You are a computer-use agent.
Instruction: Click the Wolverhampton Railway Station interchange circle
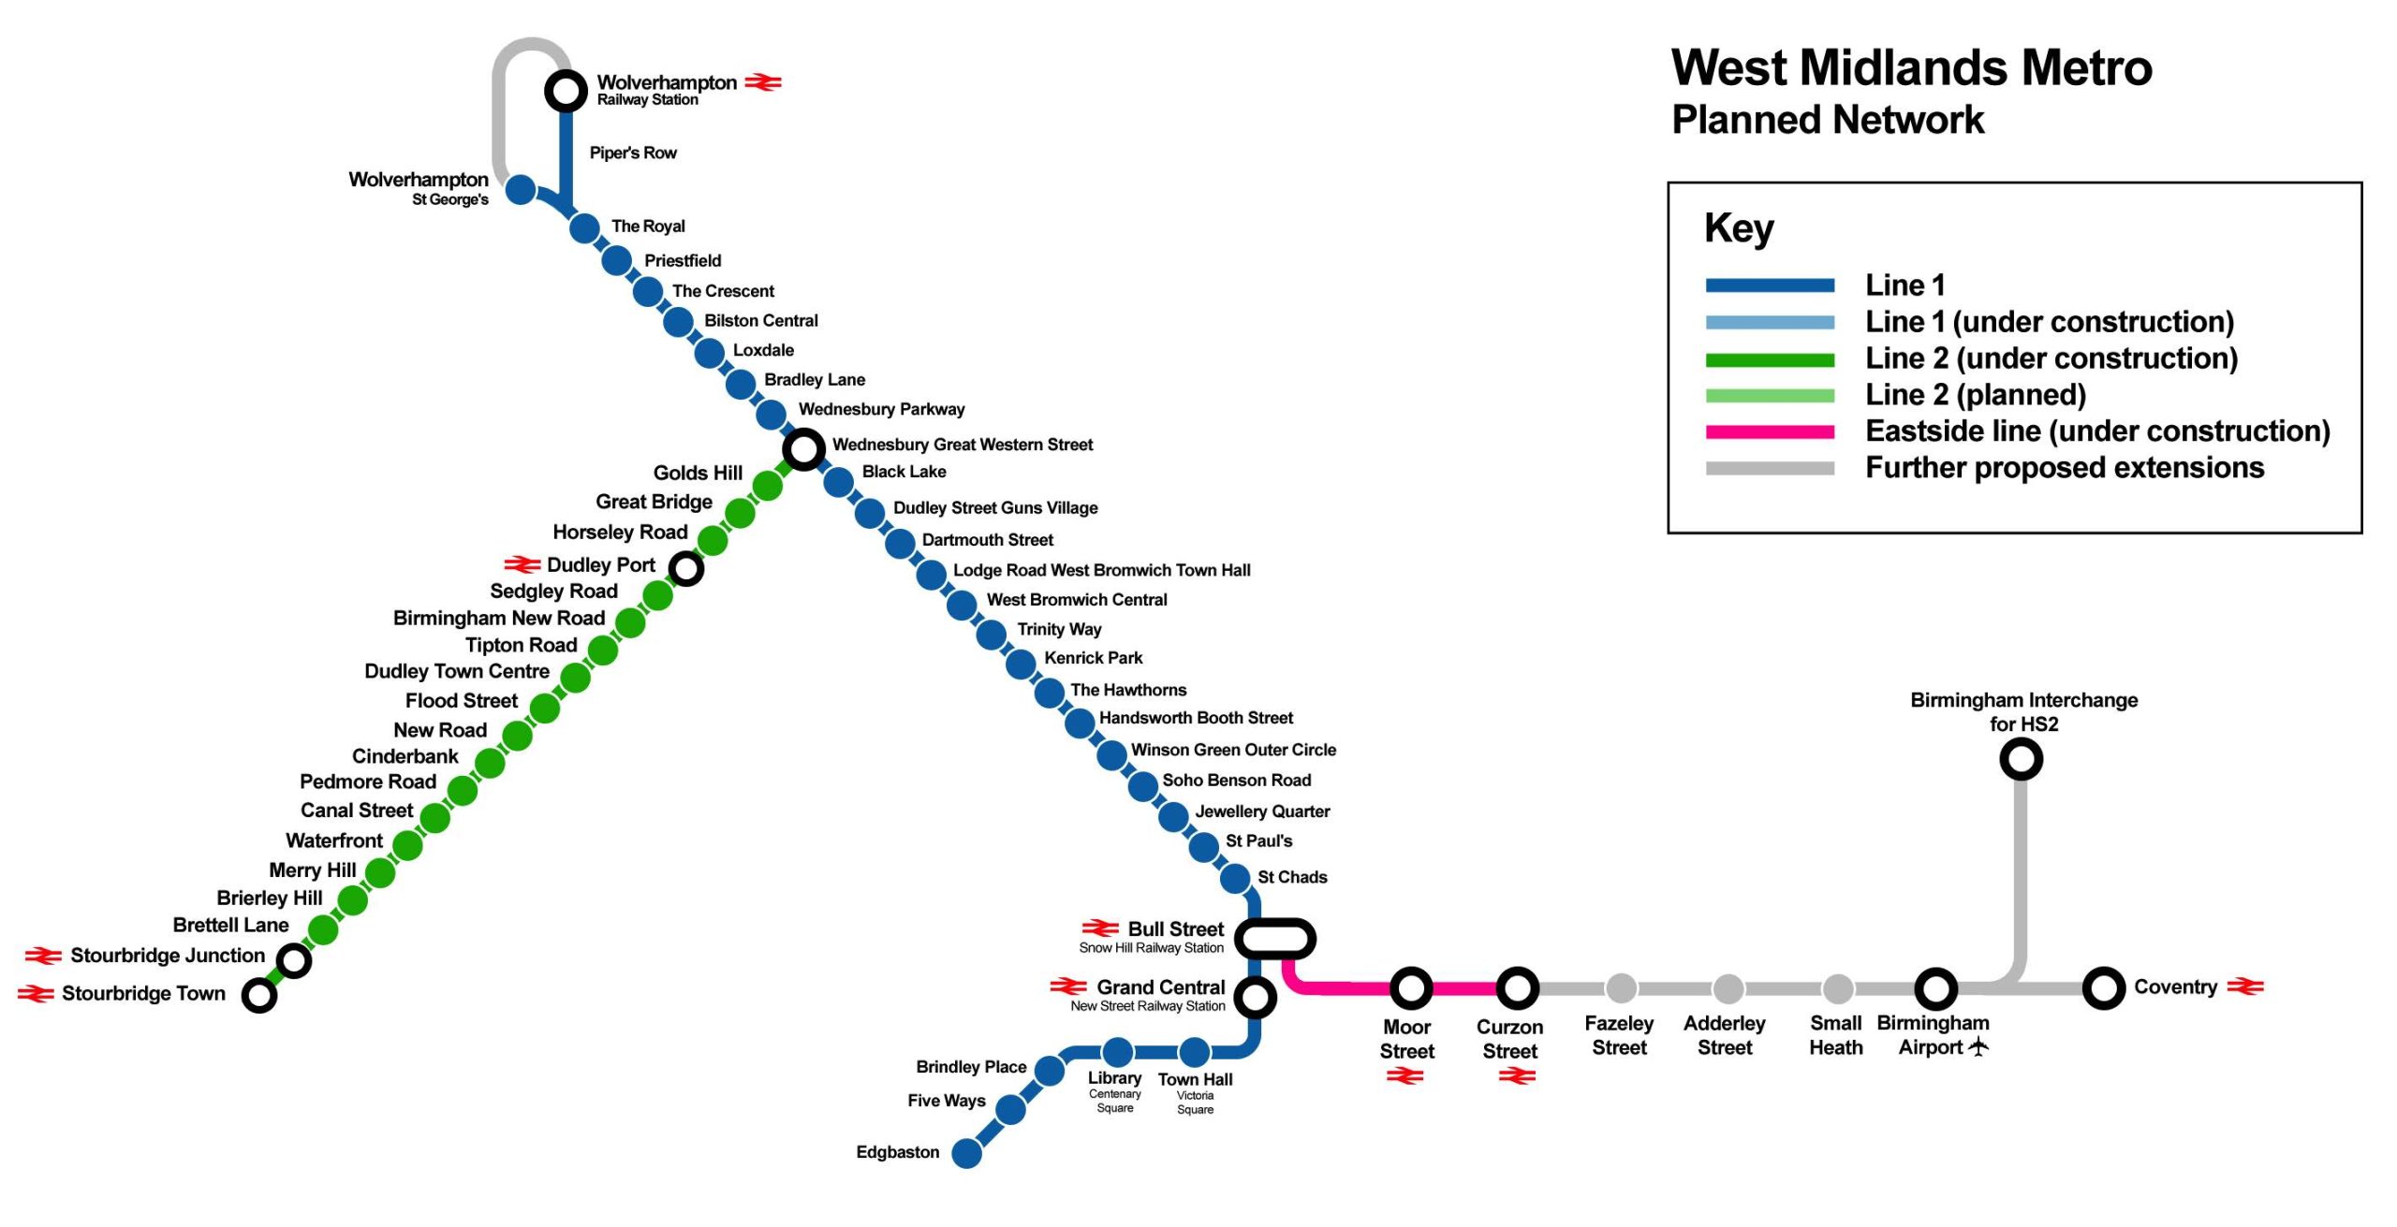566,91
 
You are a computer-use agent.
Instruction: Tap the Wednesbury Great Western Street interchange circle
803,449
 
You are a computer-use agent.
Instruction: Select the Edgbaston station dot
966,1153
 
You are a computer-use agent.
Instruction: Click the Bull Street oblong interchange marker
1274,939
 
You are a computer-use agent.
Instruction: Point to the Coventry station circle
2103,988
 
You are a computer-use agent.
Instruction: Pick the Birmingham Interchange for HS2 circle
2021,759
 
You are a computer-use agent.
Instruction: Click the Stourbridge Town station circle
259,995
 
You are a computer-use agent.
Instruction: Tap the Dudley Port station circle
686,568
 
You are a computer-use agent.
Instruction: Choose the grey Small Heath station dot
1837,988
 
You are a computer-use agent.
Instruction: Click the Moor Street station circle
1410,988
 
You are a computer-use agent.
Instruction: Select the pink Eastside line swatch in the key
1769,431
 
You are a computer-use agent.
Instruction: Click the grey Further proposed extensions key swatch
1769,468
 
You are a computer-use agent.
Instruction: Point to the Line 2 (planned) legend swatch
1769,395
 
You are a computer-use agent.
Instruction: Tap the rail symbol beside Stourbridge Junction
43,956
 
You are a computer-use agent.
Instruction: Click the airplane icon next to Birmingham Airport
1978,1046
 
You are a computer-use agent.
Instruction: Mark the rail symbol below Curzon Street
1517,1076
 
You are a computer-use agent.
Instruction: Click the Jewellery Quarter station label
1261,811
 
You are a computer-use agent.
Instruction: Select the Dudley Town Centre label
457,671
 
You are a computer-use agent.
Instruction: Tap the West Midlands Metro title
1911,67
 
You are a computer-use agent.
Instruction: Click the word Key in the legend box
1739,227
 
